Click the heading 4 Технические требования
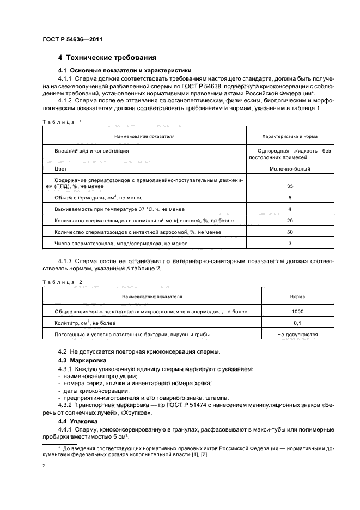107,57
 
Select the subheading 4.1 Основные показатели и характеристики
124,71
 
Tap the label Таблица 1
61,122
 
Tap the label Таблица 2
61,282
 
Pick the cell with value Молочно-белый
290,169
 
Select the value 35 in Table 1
290,186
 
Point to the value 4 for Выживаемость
290,209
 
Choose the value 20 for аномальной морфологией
290,220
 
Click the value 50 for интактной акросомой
290,232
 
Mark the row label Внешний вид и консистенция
91,150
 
